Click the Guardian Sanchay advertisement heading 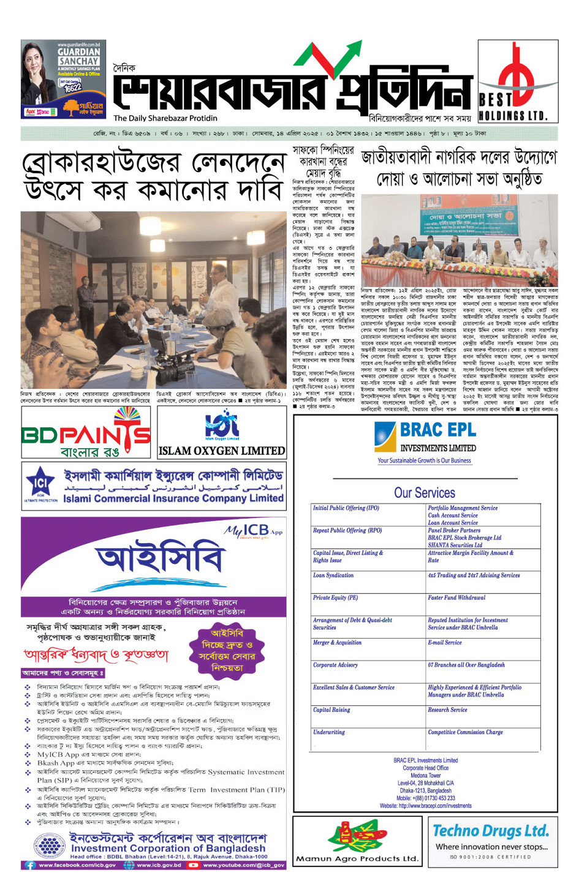coord(78,56)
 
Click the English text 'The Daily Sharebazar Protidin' coord(165,118)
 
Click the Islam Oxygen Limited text coord(221,451)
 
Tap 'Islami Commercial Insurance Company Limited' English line coord(173,498)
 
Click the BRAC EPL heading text coord(437,430)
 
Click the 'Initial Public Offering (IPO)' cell coord(346,508)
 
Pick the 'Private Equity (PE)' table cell coord(335,598)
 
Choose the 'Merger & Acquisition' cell coord(337,643)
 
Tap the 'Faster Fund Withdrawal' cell coord(456,598)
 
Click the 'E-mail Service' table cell coord(445,643)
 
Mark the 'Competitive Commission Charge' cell coord(465,732)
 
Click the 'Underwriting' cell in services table coord(329,732)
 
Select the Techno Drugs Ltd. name coord(490,831)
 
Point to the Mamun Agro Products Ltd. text coord(357,858)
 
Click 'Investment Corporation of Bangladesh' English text coord(168,848)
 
